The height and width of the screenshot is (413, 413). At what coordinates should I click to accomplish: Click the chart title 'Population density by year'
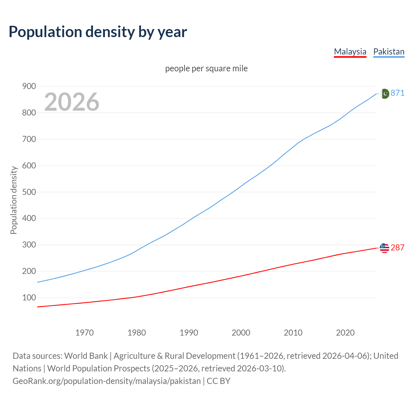(98, 32)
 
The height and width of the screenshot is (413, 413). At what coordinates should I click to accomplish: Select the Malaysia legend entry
(350, 52)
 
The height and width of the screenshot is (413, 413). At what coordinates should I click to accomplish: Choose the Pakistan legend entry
(389, 52)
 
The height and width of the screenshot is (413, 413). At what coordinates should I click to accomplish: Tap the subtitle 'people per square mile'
(206, 68)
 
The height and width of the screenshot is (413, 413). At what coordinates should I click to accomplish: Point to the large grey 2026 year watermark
(72, 102)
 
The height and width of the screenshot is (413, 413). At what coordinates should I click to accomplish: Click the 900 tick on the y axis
(29, 86)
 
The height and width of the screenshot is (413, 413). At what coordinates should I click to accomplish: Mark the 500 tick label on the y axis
(29, 192)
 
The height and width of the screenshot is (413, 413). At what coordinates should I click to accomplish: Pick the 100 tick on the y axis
(29, 297)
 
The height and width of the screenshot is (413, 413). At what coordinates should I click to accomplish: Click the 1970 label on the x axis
(85, 333)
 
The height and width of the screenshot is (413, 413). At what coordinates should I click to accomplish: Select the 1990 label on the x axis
(189, 333)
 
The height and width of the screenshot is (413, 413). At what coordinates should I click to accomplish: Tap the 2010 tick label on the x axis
(293, 333)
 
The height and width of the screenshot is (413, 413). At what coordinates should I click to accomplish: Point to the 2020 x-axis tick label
(345, 333)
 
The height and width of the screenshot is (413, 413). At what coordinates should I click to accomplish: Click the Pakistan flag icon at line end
(384, 94)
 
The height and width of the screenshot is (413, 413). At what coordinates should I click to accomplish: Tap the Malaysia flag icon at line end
(384, 248)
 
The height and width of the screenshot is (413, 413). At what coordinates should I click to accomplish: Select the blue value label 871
(398, 93)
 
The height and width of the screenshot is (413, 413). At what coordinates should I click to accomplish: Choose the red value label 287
(398, 247)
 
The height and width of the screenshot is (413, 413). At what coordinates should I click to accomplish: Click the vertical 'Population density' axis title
(14, 200)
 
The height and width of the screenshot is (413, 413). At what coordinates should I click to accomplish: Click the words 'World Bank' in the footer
(86, 356)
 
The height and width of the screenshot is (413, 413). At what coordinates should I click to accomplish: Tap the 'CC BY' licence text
(218, 381)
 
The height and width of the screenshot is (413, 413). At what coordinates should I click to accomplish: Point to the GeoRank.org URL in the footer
(106, 381)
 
